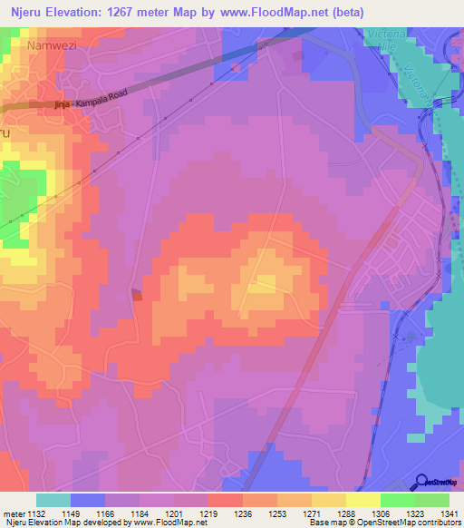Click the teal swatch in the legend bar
pos(53,500)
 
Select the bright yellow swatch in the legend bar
pos(362,500)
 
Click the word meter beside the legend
pos(14,514)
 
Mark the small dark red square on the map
pos(138,294)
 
